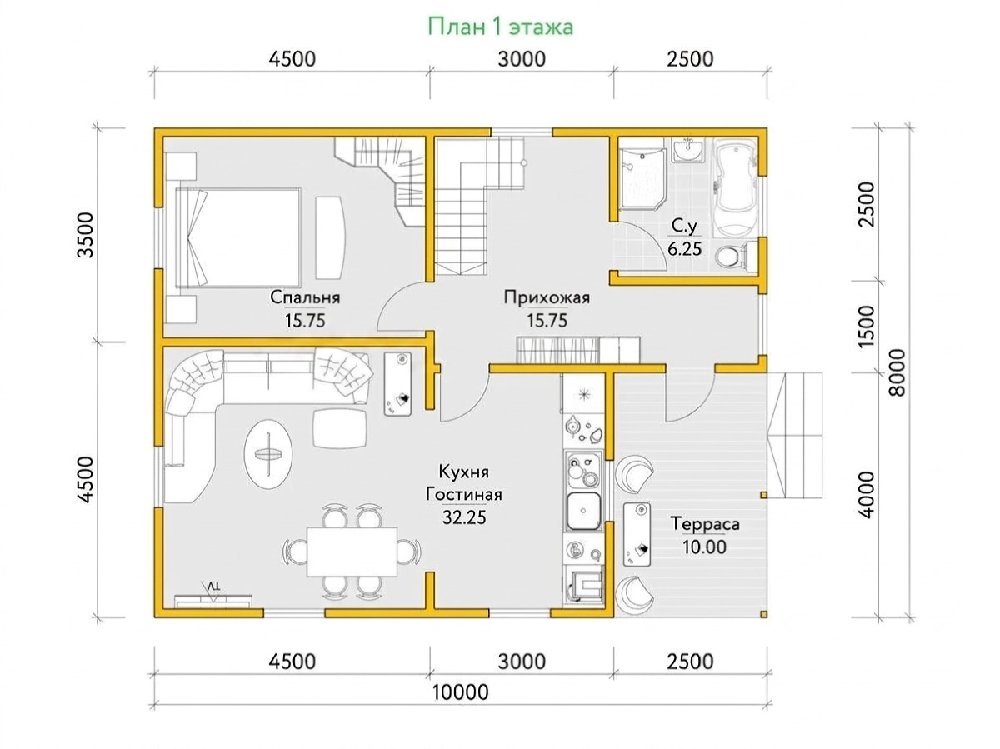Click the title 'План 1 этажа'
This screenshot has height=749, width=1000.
pos(500,27)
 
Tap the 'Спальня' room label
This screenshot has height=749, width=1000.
pos(305,298)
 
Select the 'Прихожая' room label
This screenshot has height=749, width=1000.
pos(547,298)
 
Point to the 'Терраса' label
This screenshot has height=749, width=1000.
pos(705,524)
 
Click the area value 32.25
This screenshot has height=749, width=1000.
pos(464,517)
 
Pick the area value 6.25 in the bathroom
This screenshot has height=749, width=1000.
pos(684,249)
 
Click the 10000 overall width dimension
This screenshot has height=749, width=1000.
pos(460,692)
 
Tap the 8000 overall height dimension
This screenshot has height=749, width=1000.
pos(897,373)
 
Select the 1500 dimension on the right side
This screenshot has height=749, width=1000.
pos(866,327)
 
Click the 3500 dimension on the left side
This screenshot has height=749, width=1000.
pos(85,235)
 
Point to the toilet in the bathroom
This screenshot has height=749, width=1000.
pos(733,256)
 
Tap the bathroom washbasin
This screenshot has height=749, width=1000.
pos(688,149)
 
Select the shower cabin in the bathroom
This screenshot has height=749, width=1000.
pos(642,178)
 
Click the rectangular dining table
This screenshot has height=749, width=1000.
pos(352,552)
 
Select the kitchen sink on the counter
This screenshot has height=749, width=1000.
pos(583,512)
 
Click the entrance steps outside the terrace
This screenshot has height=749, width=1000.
pos(795,435)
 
